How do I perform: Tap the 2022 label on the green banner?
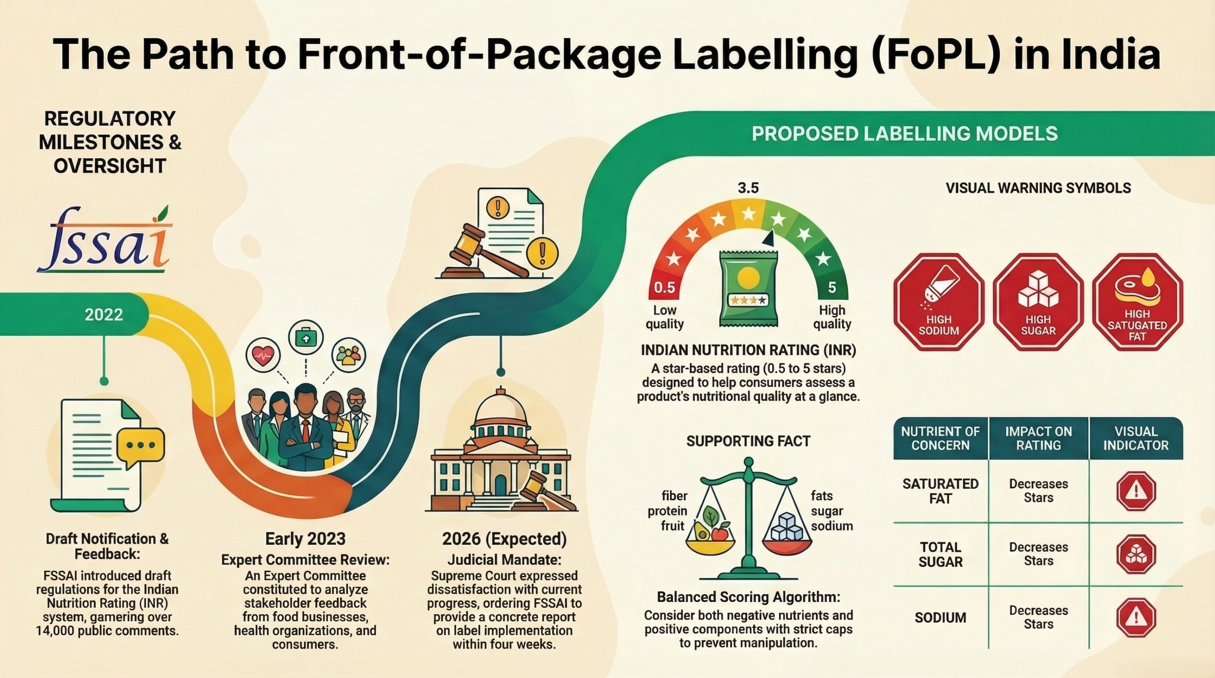[x=104, y=315]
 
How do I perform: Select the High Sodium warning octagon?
[x=939, y=302]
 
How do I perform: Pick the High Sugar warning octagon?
[x=1038, y=302]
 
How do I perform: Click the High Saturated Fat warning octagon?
[x=1137, y=302]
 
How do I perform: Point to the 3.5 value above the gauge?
[x=748, y=188]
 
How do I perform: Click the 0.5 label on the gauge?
[x=664, y=288]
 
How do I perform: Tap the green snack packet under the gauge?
[x=748, y=289]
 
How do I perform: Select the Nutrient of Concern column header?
[x=940, y=438]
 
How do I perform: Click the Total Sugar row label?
[x=940, y=554]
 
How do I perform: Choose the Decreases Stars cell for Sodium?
[x=1038, y=617]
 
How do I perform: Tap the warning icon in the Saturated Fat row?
[x=1136, y=491]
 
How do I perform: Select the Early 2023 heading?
[x=305, y=539]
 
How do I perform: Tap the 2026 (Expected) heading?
[x=505, y=539]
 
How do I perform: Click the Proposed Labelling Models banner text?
[x=905, y=134]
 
